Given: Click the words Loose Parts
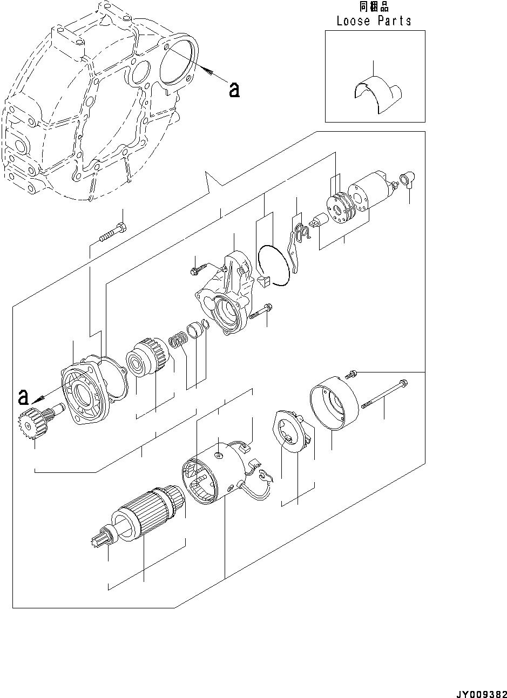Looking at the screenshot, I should coord(374,21).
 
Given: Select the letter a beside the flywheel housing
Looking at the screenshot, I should coord(233,90).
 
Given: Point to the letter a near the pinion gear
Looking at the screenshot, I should coord(22,397).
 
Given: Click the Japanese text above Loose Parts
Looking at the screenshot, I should coord(374,6).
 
